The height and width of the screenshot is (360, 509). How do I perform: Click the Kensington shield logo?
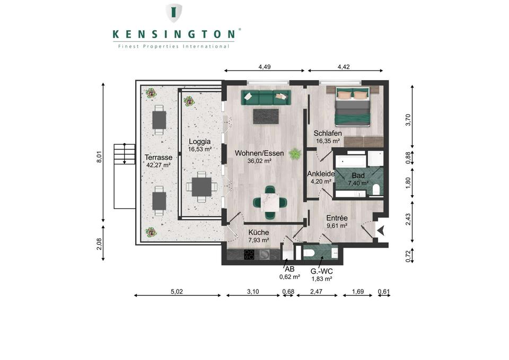174,13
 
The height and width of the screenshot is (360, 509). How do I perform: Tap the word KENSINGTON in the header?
174,34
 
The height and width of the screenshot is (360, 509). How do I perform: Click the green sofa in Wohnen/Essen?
266,97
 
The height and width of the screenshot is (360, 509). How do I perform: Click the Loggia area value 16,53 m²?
200,150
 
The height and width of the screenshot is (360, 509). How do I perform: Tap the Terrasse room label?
158,157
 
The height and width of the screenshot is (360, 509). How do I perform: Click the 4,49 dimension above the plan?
265,67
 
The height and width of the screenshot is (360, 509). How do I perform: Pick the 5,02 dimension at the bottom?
177,291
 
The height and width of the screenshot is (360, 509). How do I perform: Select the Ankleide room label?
321,173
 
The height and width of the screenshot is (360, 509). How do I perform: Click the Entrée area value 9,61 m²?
337,225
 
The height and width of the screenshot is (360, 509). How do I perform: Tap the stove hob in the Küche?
249,254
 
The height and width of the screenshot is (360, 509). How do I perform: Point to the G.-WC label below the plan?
321,270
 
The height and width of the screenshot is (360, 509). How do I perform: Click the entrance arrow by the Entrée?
380,230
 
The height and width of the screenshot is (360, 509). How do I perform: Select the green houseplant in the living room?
294,154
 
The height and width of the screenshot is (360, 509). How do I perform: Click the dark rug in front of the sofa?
266,116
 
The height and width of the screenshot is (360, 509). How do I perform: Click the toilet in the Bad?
376,189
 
